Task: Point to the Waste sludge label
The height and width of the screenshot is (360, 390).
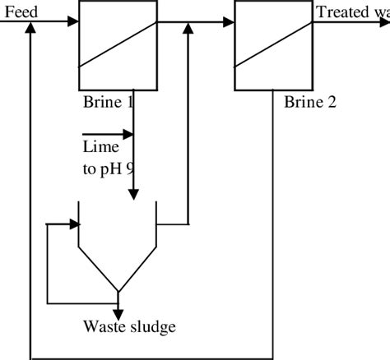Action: pos(129,327)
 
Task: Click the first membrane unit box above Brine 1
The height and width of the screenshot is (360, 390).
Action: pos(118,46)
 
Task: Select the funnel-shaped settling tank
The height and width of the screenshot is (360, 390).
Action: pos(118,247)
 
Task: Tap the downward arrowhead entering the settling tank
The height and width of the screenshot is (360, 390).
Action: pos(133,194)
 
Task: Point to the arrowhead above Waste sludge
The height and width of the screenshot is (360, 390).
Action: pos(118,315)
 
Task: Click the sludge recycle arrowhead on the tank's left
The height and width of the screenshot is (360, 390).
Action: pos(72,223)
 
